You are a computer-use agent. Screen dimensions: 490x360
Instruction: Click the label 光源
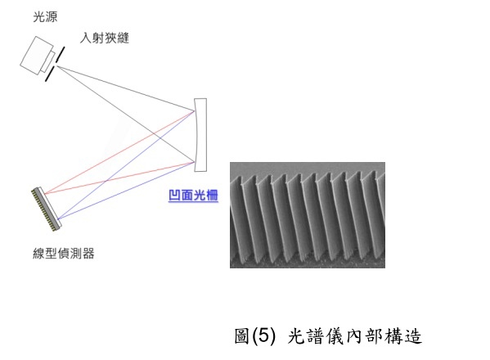pos(45,16)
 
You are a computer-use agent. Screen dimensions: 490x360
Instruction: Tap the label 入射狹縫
pos(105,38)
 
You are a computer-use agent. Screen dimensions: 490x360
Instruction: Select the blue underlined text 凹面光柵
pos(193,196)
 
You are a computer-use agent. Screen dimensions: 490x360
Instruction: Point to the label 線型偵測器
pos(64,253)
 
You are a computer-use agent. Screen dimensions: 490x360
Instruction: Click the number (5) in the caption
pos(264,336)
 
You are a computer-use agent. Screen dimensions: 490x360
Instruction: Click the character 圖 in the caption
pos(242,336)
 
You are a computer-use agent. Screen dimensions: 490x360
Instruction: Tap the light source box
pos(37,56)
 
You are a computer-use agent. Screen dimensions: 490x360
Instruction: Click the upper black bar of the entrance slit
pos(61,53)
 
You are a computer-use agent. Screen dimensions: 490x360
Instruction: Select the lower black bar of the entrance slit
pos(50,74)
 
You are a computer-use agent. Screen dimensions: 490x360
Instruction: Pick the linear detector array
pos(47,209)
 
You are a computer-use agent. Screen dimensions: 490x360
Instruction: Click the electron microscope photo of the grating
pos(308,215)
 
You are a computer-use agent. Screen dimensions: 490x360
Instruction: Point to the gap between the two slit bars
pos(56,64)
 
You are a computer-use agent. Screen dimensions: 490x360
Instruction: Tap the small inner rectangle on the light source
pos(47,61)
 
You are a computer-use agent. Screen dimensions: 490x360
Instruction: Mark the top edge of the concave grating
pos(200,99)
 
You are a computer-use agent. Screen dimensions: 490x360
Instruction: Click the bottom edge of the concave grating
pos(200,171)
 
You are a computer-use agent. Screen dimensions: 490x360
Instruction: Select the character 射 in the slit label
pos(98,38)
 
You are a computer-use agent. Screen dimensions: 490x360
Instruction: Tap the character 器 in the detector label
pos(88,253)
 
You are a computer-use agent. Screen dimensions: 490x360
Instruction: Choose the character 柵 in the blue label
pos(212,196)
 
